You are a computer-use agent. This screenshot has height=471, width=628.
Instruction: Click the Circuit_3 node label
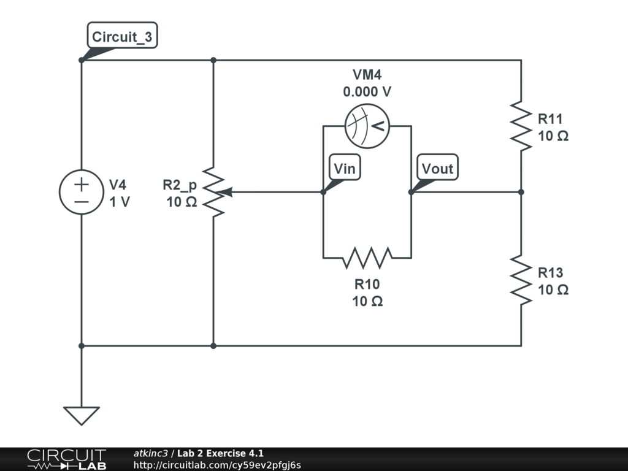pyautogui.click(x=122, y=37)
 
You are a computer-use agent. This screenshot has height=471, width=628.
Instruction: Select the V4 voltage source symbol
pyautogui.click(x=82, y=192)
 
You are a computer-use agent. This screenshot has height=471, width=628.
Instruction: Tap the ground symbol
pyautogui.click(x=82, y=415)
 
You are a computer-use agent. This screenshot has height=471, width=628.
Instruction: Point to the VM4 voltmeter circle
pyautogui.click(x=367, y=126)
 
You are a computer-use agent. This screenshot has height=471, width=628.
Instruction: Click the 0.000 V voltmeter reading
pyautogui.click(x=367, y=92)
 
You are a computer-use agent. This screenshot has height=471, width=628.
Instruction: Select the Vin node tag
pyautogui.click(x=345, y=168)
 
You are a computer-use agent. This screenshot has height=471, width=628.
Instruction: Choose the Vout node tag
pyautogui.click(x=437, y=168)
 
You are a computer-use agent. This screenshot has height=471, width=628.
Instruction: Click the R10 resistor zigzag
pyautogui.click(x=367, y=258)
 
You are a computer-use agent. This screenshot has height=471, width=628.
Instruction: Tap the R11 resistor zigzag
pyautogui.click(x=521, y=126)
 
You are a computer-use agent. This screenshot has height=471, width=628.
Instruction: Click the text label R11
pyautogui.click(x=550, y=118)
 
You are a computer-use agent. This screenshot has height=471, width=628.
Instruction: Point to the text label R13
pyautogui.click(x=550, y=272)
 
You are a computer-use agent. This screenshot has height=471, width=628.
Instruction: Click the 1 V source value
pyautogui.click(x=120, y=201)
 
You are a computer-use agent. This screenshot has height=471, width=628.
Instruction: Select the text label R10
pyautogui.click(x=367, y=284)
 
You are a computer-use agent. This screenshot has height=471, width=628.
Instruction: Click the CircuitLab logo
pyautogui.click(x=66, y=459)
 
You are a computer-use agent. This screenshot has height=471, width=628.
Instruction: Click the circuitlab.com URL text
pyautogui.click(x=217, y=465)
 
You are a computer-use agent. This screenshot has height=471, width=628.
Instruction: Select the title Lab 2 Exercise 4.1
pyautogui.click(x=220, y=453)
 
